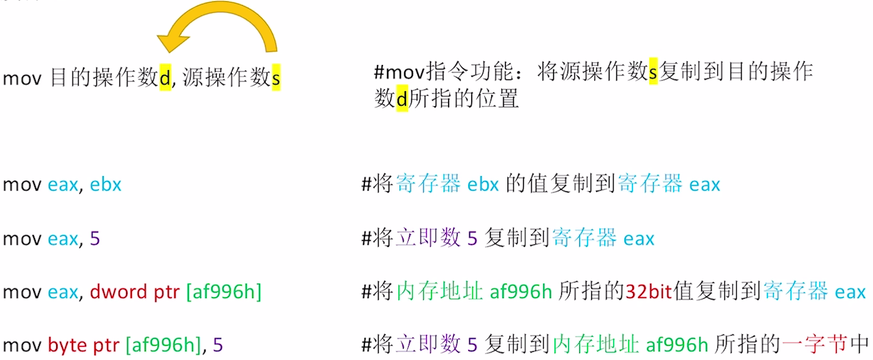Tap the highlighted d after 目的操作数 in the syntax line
pos(165,79)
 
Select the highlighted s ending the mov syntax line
pos(276,79)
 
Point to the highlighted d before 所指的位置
pos(402,99)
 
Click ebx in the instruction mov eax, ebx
pos(106,185)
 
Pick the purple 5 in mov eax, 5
pos(94,238)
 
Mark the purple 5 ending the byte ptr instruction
pos(217,344)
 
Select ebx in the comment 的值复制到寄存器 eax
pos(482,185)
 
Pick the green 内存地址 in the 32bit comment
pos(440,291)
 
